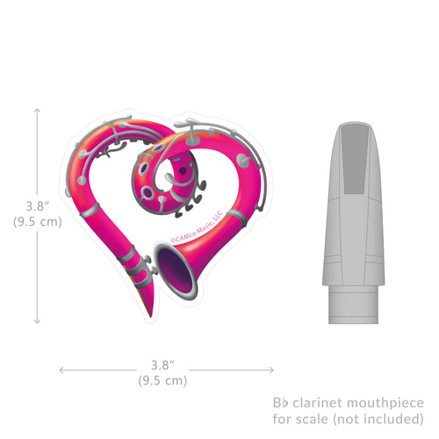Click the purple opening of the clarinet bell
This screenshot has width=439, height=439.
176,270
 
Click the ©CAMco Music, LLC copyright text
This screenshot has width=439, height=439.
197,227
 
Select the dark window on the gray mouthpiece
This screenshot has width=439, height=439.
355,160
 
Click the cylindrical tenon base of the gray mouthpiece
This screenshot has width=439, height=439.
353,305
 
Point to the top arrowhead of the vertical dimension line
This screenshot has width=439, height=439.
37,111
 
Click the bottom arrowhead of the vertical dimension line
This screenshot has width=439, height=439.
37,320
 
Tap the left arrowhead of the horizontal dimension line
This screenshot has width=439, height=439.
62,371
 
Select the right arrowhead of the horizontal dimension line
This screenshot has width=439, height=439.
271,371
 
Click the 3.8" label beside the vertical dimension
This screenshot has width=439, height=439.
38,206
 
